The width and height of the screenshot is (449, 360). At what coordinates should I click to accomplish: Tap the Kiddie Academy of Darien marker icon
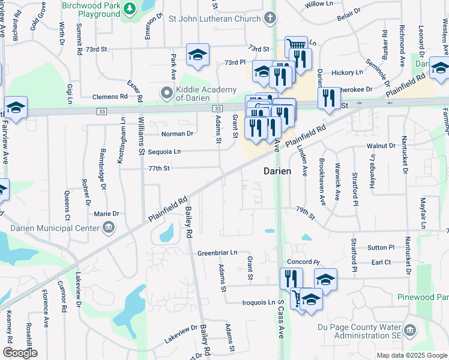pos(166,92)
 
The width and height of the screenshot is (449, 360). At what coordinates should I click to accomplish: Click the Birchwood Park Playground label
pos(92,8)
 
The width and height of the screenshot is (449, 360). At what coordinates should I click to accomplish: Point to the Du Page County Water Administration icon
pos(410,331)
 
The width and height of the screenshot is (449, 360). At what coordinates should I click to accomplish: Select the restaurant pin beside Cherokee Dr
pos(328,97)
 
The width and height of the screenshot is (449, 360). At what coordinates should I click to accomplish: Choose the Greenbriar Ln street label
pos(217,253)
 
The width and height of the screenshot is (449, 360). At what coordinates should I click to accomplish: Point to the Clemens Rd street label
pos(110,96)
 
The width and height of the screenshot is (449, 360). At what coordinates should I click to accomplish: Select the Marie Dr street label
pos(106,214)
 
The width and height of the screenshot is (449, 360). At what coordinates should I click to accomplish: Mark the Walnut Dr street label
pos(384,146)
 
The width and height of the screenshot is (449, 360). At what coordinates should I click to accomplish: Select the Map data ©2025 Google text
pos(411,355)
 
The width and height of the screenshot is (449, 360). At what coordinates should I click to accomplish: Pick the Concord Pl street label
pos(303,262)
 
